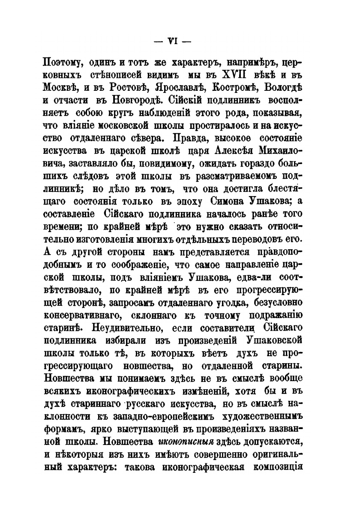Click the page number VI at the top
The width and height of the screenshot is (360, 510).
coord(174,42)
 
